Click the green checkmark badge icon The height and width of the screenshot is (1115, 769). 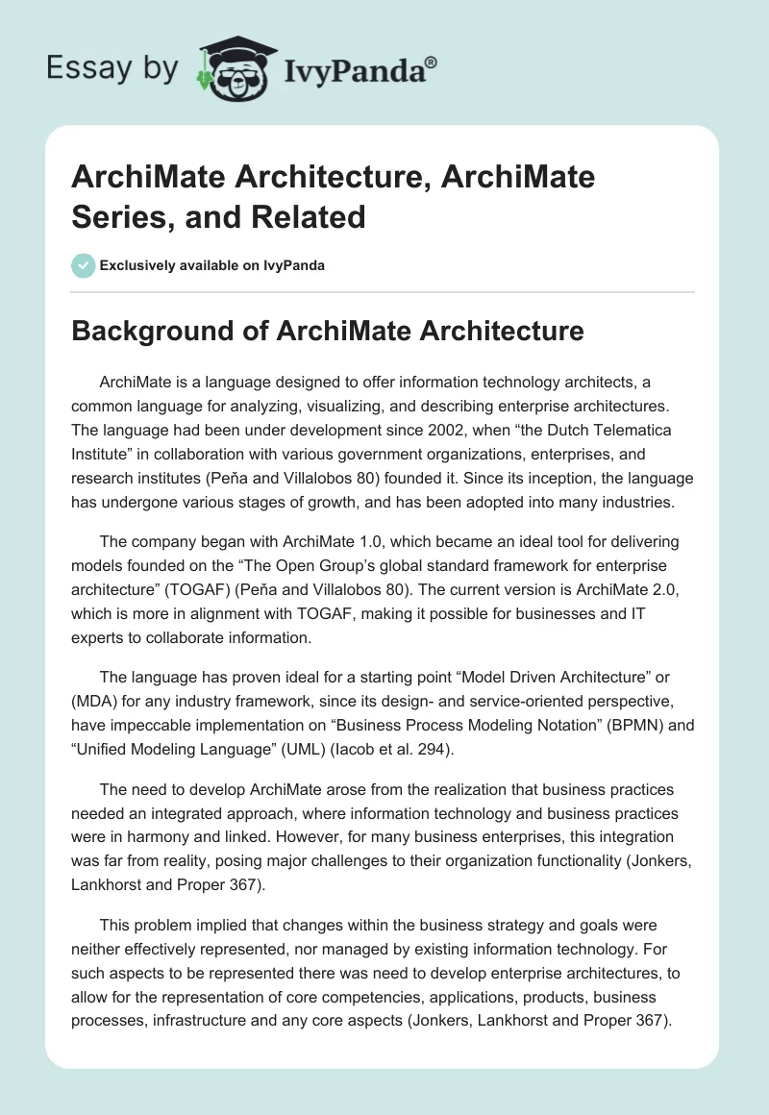[84, 265]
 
